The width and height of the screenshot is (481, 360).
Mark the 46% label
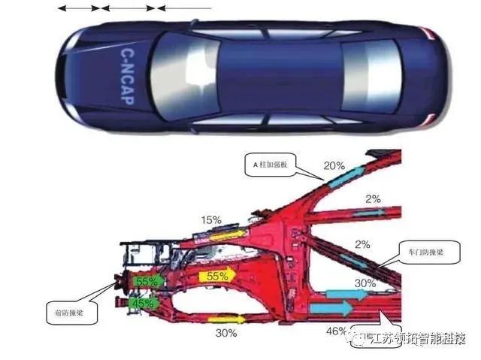click(x=336, y=330)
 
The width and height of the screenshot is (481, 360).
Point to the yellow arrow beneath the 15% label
click(x=225, y=235)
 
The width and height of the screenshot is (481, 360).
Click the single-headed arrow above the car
click(x=184, y=8)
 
